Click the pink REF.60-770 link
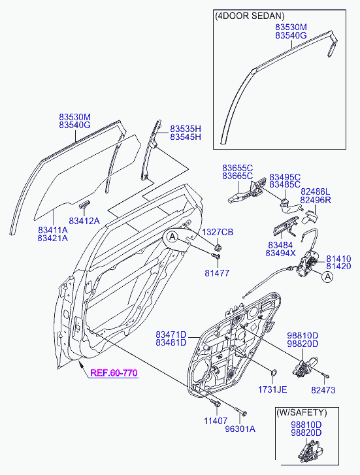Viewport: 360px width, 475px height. pos(114,372)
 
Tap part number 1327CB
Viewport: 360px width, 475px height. pos(218,233)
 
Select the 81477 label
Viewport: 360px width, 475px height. pos(217,273)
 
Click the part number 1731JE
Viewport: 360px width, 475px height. pos(272,389)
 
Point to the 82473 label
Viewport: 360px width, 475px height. pos(323,390)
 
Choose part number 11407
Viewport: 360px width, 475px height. pos(216,421)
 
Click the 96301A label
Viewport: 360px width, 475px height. pos(240,429)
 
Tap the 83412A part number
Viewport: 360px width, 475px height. pos(84,221)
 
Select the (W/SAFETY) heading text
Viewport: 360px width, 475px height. pos(301,412)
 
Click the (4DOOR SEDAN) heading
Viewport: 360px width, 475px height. pos(250,16)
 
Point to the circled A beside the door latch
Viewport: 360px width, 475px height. pos(327,276)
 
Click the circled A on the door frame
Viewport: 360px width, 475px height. pos(172,237)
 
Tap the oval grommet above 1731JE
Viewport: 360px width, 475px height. pos(273,373)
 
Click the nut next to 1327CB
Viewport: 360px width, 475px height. pos(218,248)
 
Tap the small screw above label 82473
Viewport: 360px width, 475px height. pos(326,376)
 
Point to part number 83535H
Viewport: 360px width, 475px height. pos(186,129)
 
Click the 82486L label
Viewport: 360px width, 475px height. pos(315,191)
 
